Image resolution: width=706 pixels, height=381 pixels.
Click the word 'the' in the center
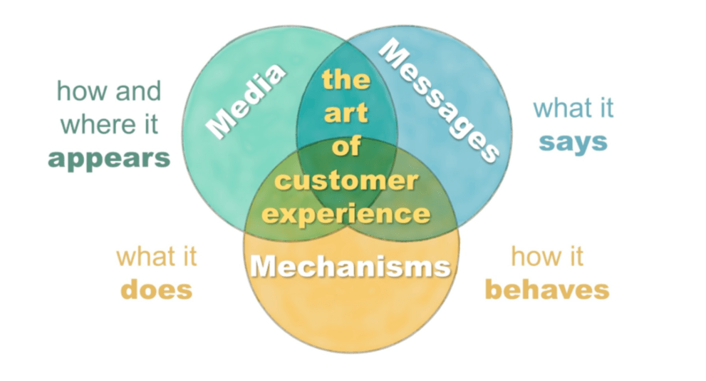tap(346, 78)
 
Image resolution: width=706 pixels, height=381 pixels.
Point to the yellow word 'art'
tap(346, 113)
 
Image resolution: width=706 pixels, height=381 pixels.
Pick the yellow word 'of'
tap(346, 146)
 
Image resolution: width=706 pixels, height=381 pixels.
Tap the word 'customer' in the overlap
tap(346, 180)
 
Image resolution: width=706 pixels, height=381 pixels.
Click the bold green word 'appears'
tap(109, 158)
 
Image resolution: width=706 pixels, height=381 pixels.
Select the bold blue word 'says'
tap(573, 141)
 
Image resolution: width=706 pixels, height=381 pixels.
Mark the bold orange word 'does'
tap(157, 289)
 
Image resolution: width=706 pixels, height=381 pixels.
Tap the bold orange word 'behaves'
tap(547, 289)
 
